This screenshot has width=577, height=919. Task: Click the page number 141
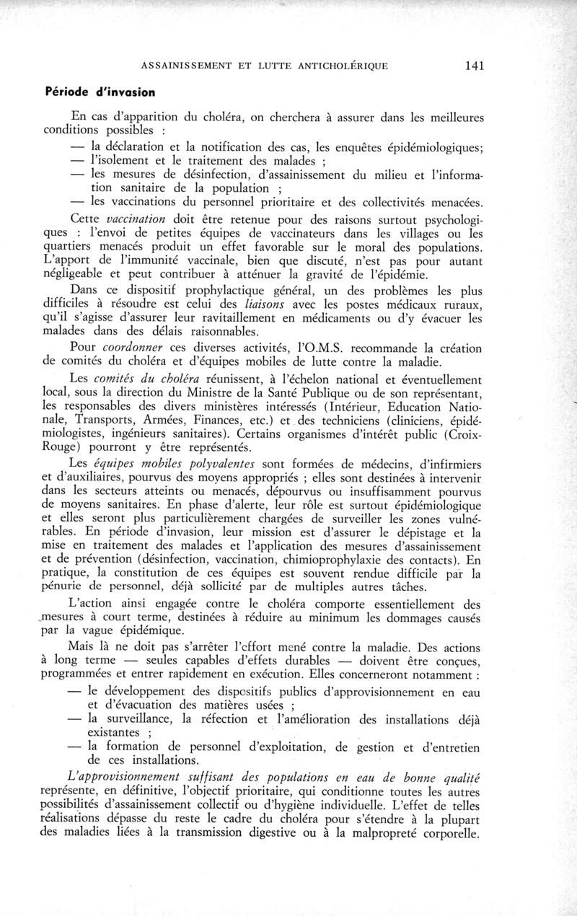coord(474,66)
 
